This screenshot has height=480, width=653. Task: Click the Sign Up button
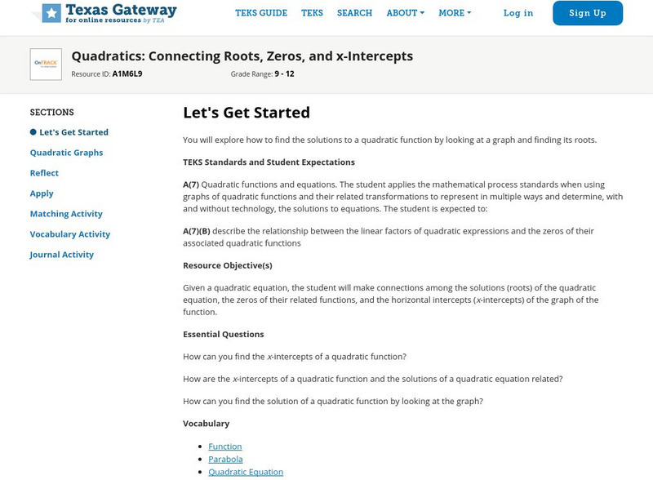(x=587, y=13)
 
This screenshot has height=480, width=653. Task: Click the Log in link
(x=518, y=13)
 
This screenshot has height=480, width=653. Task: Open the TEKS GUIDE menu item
(x=261, y=13)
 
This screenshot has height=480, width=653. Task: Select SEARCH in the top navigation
(x=354, y=13)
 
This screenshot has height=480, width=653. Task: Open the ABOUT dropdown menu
(x=405, y=13)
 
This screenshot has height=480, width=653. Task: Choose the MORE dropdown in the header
(x=455, y=13)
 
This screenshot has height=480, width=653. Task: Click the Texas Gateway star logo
(x=51, y=13)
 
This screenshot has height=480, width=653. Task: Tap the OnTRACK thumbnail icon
(x=46, y=64)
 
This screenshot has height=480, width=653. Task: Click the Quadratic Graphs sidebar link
(x=66, y=153)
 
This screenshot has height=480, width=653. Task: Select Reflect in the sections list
(x=44, y=173)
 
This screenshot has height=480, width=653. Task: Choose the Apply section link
(x=42, y=193)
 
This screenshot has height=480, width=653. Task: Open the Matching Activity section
(x=66, y=214)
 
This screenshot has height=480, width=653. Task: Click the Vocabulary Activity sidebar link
(x=70, y=234)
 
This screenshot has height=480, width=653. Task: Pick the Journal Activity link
(x=62, y=255)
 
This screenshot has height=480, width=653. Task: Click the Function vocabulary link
(x=224, y=447)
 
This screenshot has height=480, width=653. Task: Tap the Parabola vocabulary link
(x=225, y=459)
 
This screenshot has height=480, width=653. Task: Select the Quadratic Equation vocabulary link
(x=246, y=472)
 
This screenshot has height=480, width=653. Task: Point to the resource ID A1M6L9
(x=127, y=73)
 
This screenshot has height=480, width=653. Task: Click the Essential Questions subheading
(x=223, y=334)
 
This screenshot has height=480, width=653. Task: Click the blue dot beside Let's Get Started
(x=33, y=132)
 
